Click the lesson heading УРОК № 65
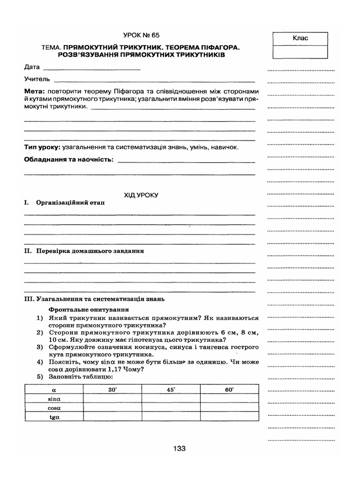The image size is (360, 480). click(x=144, y=35)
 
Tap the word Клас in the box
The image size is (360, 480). click(x=300, y=38)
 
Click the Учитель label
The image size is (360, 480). click(x=37, y=79)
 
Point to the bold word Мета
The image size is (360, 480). click(x=35, y=90)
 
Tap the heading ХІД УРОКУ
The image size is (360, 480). click(x=141, y=194)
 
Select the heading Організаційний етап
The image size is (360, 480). click(x=68, y=203)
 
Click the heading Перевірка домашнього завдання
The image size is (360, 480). click(x=90, y=251)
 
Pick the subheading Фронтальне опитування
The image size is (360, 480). click(x=89, y=310)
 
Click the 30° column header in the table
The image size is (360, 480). click(x=112, y=390)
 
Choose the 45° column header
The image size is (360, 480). click(x=171, y=390)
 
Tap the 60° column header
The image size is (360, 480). click(x=229, y=390)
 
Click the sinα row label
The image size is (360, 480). click(x=53, y=398)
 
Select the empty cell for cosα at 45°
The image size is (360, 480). click(x=171, y=407)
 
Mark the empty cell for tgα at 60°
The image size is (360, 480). click(x=229, y=416)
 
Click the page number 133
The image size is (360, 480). click(x=180, y=449)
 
